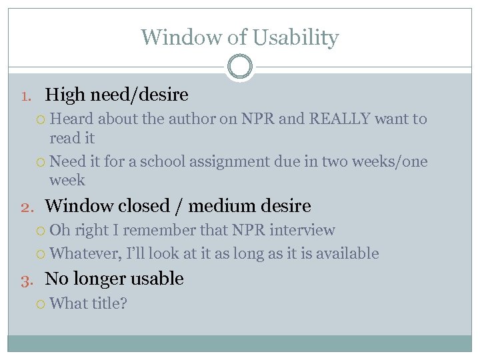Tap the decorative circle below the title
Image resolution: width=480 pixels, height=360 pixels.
coord(240,67)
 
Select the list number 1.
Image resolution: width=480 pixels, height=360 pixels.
coord(25,96)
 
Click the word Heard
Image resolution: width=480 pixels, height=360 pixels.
coord(72,119)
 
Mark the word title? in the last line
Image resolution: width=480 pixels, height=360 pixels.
coord(108,303)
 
